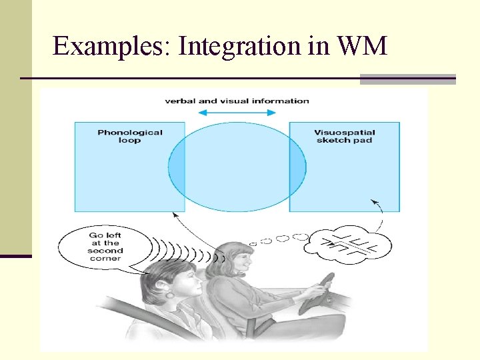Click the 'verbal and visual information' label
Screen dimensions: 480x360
tap(237, 101)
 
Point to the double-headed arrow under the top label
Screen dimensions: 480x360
tap(237, 113)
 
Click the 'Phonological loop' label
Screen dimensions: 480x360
tap(130, 136)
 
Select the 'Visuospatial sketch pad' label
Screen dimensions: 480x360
tap(343, 136)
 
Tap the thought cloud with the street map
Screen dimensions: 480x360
tap(341, 247)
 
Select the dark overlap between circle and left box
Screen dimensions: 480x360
tap(177, 167)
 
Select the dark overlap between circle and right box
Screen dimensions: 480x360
tap(297, 167)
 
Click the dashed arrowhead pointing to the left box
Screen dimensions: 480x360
tap(175, 215)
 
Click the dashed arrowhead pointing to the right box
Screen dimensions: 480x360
tap(373, 201)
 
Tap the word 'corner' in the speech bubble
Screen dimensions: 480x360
tap(105, 259)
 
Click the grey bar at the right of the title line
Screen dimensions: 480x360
tap(407, 79)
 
